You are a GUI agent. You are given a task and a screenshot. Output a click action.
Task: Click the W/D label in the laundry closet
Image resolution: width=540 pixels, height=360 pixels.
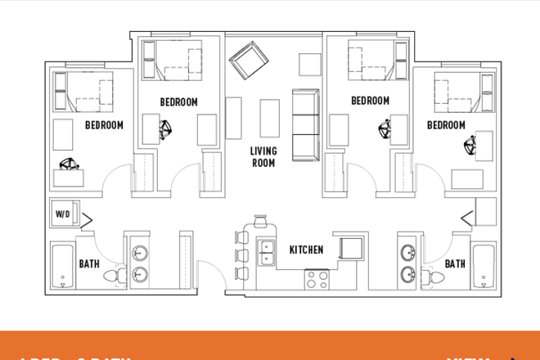(63, 214)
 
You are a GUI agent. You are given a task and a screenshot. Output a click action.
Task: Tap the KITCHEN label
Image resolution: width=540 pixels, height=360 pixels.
(306, 250)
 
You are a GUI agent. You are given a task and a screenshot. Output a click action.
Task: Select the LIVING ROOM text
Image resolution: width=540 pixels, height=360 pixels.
(263, 156)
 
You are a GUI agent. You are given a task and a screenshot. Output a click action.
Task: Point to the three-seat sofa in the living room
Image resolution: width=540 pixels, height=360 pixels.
(307, 124)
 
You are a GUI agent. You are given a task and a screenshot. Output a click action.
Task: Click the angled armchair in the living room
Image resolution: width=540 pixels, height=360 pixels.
(248, 59)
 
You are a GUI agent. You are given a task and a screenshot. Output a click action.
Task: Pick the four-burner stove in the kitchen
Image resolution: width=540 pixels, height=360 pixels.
(317, 279)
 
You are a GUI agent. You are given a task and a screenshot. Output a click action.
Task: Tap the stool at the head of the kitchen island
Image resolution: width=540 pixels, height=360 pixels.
(262, 221)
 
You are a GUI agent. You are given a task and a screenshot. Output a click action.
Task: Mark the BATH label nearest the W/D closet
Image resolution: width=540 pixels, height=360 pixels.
(89, 264)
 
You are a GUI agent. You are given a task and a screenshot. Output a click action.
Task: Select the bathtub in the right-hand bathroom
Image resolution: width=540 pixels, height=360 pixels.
(483, 265)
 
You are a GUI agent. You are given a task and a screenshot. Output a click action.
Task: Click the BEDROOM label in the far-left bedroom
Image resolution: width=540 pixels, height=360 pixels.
(104, 125)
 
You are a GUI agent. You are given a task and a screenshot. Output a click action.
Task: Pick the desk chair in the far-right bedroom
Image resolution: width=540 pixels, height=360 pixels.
(470, 147)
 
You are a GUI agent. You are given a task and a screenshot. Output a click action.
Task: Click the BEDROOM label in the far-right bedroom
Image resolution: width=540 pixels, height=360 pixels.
(446, 125)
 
